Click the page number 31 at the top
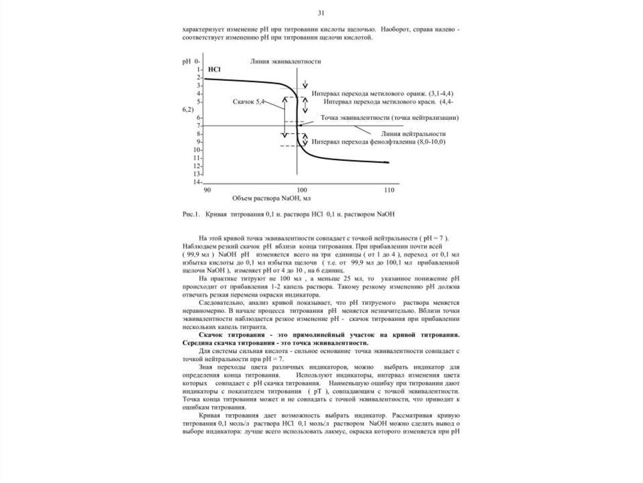pos(321,13)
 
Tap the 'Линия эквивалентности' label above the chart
pos(277,62)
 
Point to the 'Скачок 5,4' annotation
pos(248,100)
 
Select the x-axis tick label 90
pos(206,190)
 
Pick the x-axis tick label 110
pos(388,190)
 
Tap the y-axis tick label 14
pos(197,182)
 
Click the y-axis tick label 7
pos(198,126)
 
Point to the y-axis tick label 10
pos(197,150)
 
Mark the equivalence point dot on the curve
pos(300,126)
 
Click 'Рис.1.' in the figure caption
pos(190,214)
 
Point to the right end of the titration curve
pos(389,163)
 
